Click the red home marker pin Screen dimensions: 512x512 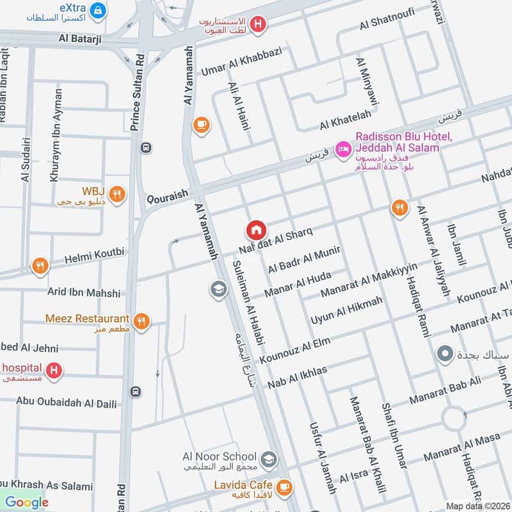click(x=256, y=230)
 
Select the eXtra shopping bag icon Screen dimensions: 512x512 click(x=98, y=10)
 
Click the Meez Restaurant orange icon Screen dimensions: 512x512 click(x=142, y=321)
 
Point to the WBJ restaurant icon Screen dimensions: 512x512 click(x=116, y=194)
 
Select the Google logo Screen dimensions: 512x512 click(x=26, y=501)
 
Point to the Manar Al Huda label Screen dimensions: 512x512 click(x=300, y=285)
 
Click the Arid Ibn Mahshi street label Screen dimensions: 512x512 click(x=84, y=292)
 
